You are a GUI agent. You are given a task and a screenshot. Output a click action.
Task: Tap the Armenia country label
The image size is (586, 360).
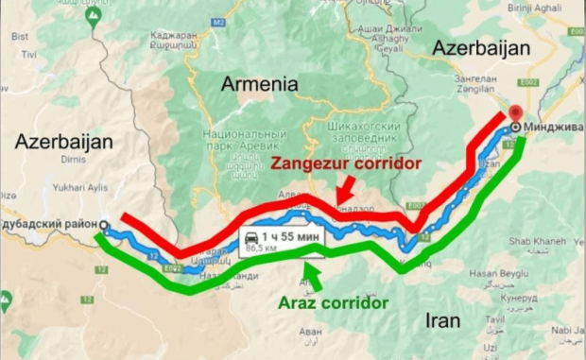tap(260, 84)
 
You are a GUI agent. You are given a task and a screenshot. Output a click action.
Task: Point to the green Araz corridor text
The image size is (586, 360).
tap(333, 304)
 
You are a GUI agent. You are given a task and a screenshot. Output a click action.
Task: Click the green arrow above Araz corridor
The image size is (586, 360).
tap(312, 275)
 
